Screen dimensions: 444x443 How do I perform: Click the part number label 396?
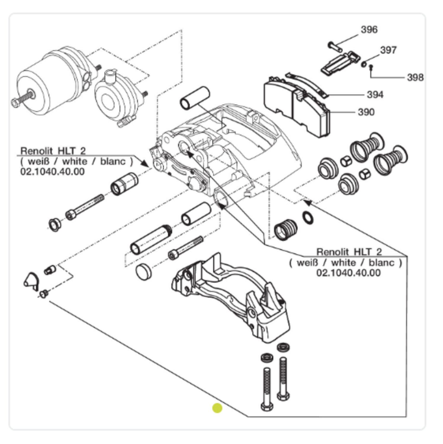click(369, 30)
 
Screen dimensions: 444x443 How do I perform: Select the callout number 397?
click(388, 50)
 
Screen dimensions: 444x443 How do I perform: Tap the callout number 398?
click(415, 78)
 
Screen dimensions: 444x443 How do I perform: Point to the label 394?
click(375, 95)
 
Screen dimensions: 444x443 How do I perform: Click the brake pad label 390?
click(366, 112)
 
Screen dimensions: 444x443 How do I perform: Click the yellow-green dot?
click(217, 408)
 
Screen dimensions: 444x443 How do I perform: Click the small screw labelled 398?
click(371, 68)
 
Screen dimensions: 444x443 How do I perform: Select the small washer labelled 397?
click(364, 64)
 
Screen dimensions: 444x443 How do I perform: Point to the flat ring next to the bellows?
click(308, 218)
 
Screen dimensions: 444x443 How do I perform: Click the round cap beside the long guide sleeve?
click(144, 271)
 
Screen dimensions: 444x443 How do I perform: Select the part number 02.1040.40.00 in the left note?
click(52, 171)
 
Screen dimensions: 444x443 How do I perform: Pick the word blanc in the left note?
click(113, 161)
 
